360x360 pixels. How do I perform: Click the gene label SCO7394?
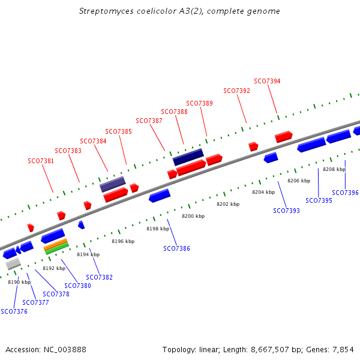267,81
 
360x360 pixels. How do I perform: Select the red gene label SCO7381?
41,161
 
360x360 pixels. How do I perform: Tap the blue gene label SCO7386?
176,248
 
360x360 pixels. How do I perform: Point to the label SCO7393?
286,211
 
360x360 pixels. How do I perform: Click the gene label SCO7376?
14,311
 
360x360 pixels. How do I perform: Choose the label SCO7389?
199,103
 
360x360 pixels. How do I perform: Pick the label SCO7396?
345,193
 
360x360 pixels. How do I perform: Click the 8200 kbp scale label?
193,216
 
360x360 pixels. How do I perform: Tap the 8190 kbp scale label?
19,282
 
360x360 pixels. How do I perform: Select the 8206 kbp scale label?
299,181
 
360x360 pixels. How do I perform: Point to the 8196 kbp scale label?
123,241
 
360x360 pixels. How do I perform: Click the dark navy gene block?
188,157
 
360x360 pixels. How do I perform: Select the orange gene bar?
55,243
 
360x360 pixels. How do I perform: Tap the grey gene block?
13,263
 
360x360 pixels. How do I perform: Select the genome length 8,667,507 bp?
267,349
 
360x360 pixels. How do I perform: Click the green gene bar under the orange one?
57,248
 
